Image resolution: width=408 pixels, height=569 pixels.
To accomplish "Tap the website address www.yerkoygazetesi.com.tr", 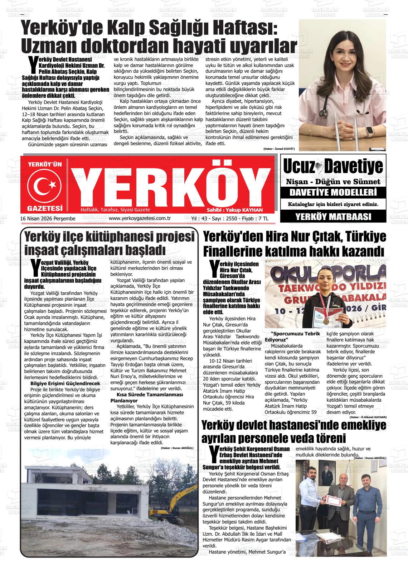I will point(139,219).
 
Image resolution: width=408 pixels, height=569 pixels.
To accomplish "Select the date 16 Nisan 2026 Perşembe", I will point(48,219).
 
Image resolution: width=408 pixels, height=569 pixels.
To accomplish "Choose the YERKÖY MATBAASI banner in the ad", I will point(333,216).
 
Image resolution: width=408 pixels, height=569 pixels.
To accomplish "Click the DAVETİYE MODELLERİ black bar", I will point(333,193).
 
